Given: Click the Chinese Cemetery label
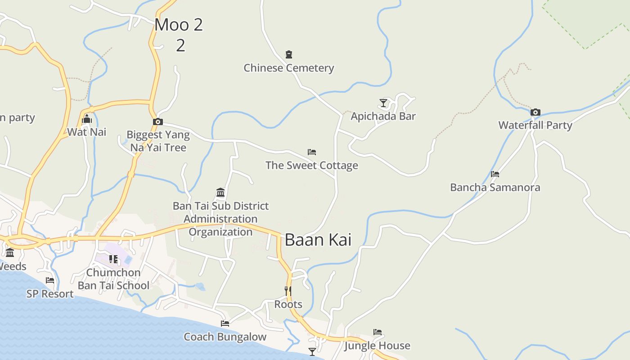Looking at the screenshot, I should (288, 68).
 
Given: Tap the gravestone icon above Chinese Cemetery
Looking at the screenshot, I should (289, 54).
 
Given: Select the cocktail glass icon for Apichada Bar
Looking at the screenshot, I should (383, 103).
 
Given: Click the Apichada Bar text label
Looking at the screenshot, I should (383, 116).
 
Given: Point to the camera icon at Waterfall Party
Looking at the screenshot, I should (535, 112).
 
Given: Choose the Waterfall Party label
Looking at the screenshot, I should (535, 125).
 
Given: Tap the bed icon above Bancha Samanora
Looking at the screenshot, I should (495, 174).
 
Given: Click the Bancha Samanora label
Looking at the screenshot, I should (495, 187).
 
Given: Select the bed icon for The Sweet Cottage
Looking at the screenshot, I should (312, 152).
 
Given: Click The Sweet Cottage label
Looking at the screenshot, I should (312, 165).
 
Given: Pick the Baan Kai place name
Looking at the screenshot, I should (318, 240).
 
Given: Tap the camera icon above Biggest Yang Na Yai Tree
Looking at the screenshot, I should (157, 121).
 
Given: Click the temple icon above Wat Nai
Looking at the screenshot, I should (87, 119).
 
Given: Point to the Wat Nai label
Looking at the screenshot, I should (87, 132).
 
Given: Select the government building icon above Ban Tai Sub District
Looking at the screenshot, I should (220, 193).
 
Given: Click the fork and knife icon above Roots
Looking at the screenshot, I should (288, 291).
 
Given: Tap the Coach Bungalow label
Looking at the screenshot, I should (225, 337).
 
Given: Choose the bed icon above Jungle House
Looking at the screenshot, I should (378, 333).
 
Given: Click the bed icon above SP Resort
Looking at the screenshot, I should (50, 280).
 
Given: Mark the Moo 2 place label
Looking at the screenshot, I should (179, 25).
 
